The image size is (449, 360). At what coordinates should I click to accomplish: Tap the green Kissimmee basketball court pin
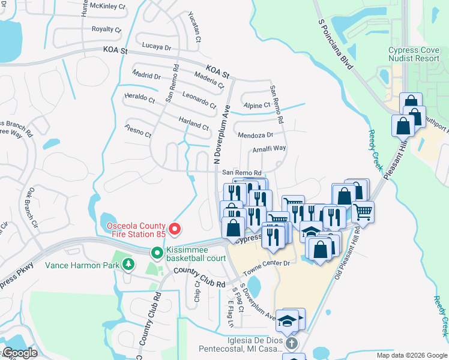coord(157,253)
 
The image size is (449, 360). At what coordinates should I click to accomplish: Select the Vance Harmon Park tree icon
coord(128,263)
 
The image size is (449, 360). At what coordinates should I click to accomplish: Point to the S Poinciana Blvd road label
coord(334,48)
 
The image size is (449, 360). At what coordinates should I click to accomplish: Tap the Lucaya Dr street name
coord(157,46)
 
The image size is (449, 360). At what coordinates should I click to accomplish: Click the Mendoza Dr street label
coord(255,135)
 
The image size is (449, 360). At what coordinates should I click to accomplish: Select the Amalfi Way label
coord(269,148)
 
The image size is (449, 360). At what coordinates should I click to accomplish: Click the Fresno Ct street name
coord(138,131)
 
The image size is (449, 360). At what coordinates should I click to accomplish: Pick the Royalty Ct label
coord(106,29)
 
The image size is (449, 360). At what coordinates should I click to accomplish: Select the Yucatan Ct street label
coord(193,28)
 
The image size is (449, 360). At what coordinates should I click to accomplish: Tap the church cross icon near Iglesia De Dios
coord(291,344)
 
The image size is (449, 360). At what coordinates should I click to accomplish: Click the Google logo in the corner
coord(20,353)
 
